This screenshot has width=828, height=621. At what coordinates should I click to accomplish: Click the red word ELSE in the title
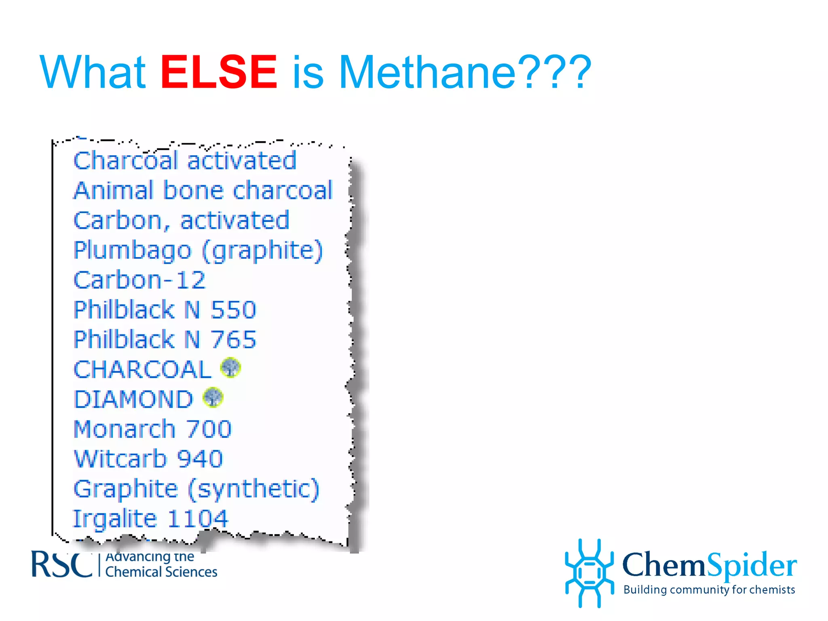click(x=219, y=72)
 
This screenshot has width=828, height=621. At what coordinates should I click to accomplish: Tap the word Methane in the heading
click(x=427, y=72)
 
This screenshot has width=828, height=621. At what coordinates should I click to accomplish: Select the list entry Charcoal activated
click(x=185, y=161)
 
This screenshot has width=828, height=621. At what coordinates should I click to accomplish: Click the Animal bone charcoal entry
click(x=203, y=190)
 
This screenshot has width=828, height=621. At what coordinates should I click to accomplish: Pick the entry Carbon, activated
click(x=181, y=220)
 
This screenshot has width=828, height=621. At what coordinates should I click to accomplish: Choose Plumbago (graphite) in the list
click(x=198, y=250)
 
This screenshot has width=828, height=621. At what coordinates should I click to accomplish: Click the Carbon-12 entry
click(x=139, y=280)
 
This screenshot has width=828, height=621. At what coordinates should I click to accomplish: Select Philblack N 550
click(x=165, y=310)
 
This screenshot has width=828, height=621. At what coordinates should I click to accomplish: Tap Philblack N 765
click(x=165, y=340)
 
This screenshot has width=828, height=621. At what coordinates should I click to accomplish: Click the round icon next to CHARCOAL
click(x=230, y=368)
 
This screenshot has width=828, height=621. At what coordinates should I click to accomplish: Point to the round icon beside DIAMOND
click(x=213, y=397)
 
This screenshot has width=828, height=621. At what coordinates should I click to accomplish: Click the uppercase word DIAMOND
click(x=133, y=399)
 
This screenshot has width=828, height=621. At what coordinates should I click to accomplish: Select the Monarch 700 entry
click(x=152, y=429)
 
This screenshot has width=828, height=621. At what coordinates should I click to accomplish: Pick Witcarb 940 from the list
click(x=148, y=459)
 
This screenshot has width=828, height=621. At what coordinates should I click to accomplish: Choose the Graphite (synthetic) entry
click(x=196, y=489)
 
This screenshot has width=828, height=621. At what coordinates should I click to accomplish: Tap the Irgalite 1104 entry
click(x=150, y=519)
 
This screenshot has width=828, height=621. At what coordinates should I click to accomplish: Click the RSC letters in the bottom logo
click(x=61, y=565)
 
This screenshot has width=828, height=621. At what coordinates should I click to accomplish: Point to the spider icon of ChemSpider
click(x=589, y=573)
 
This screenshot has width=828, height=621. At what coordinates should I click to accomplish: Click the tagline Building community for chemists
click(x=709, y=590)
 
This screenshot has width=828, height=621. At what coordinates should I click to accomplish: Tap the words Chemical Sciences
click(x=161, y=572)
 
